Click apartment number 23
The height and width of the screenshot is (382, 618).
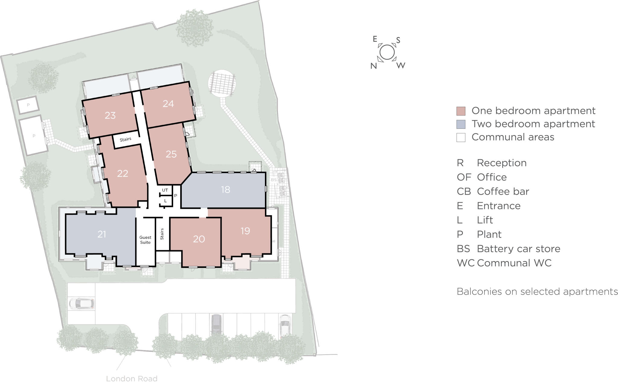click(110, 115)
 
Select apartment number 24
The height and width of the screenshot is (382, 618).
click(168, 104)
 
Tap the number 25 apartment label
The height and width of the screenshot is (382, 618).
click(171, 154)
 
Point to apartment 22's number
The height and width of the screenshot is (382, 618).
click(123, 173)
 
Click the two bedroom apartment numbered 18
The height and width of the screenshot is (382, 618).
click(225, 189)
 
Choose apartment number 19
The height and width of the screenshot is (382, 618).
click(245, 231)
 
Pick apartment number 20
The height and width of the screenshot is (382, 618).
click(199, 239)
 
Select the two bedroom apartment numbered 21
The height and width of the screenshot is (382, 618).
click(102, 234)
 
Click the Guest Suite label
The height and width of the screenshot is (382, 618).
click(145, 240)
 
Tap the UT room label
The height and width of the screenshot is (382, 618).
click(165, 190)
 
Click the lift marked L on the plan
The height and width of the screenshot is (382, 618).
click(165, 200)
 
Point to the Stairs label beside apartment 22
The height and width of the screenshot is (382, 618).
click(126, 140)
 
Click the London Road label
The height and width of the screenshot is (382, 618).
click(132, 379)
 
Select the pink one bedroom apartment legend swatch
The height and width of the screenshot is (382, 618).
click(461, 111)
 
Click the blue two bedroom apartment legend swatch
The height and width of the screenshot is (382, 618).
click(461, 124)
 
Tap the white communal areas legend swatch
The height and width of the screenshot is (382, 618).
click(461, 137)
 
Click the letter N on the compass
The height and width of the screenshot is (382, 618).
click(374, 66)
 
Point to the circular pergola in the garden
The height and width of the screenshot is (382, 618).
click(222, 83)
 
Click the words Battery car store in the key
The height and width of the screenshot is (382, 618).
click(518, 249)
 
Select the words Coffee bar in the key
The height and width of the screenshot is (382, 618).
click(503, 191)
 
